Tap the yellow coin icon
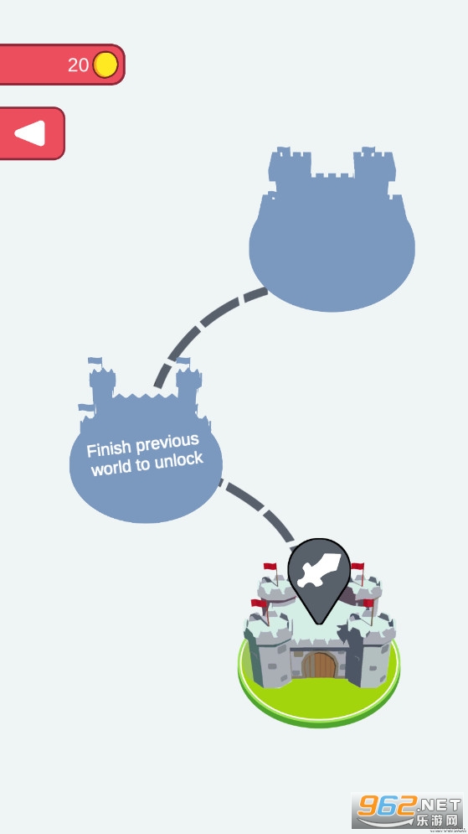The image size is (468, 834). point(105,65)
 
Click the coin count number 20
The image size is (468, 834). point(78,65)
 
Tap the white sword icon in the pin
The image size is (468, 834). point(318,570)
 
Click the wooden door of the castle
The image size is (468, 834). point(319,665)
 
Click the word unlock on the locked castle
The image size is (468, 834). point(177,460)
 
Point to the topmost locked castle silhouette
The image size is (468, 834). point(332,229)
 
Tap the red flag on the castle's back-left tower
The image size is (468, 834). point(271,567)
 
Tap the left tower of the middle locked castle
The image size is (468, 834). point(102,384)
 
